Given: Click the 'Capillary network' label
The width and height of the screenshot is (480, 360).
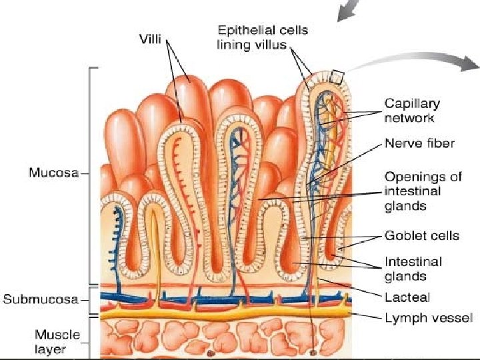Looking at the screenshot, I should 411,111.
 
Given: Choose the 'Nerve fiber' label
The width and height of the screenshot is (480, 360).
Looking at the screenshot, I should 419,143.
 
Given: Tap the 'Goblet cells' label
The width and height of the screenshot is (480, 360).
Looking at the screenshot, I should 421,235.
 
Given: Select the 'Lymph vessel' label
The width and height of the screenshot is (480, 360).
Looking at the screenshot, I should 428,318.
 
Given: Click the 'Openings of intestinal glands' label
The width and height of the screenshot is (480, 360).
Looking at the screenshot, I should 423,191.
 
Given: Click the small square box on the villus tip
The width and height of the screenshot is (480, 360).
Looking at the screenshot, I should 336,77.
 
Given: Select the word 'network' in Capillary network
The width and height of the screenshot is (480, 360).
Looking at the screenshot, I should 409,118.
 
